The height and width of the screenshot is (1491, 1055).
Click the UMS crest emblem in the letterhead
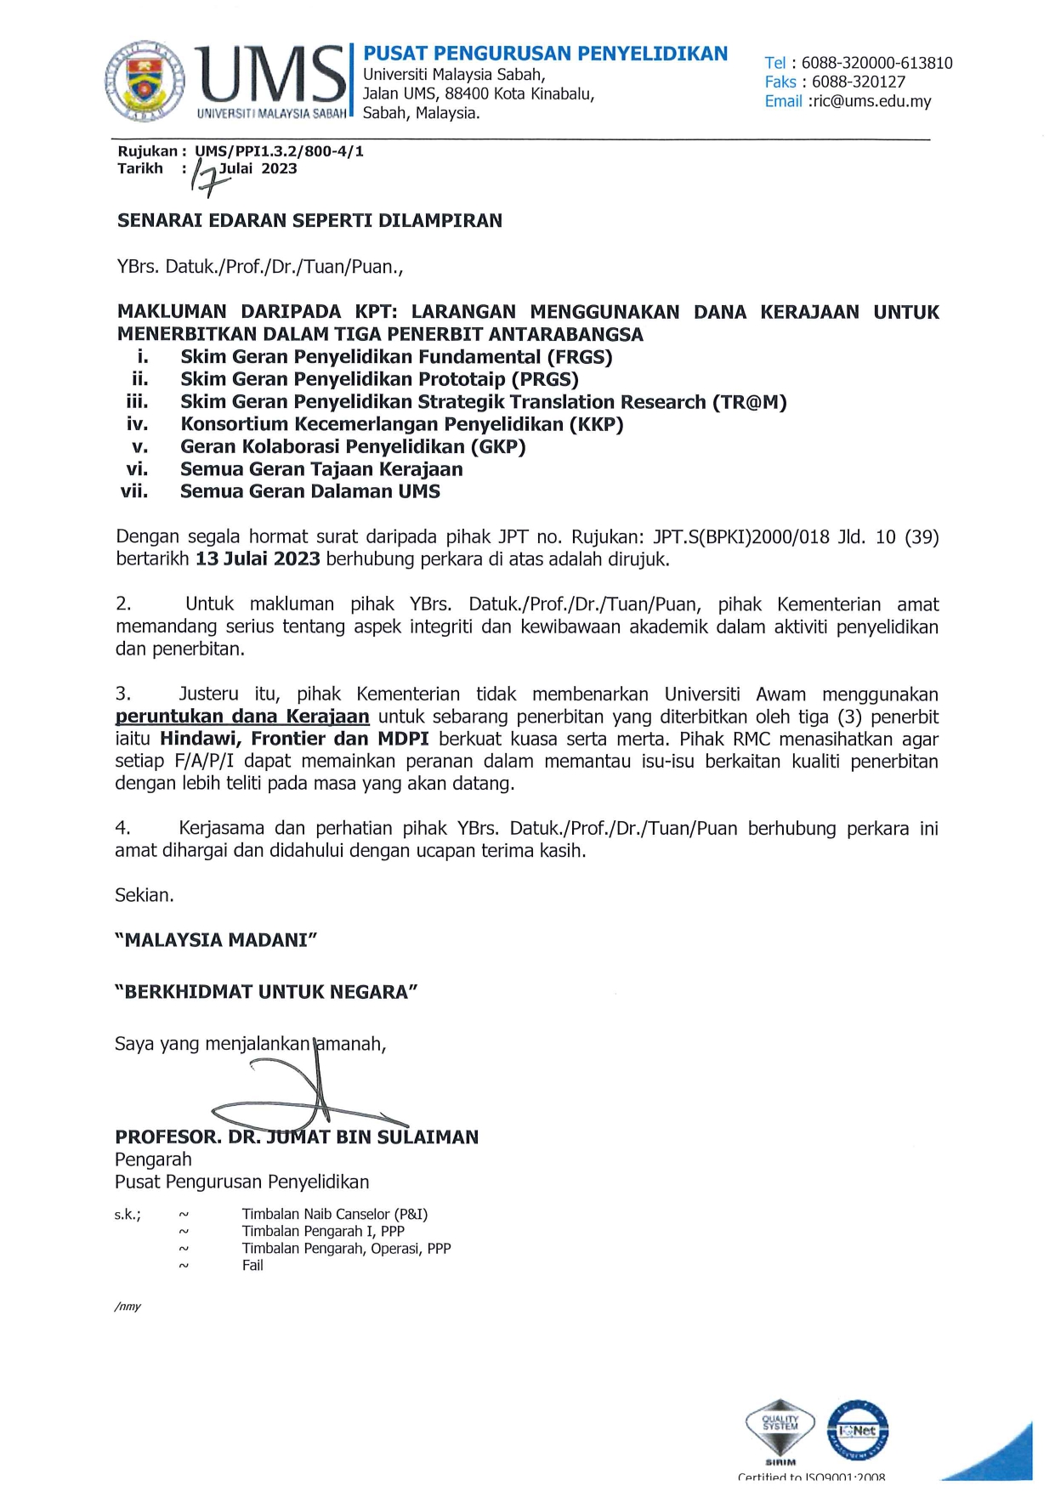pyautogui.click(x=145, y=82)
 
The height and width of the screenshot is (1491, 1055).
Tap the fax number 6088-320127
pyautogui.click(x=858, y=82)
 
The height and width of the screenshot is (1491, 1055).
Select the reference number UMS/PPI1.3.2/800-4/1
pyautogui.click(x=279, y=151)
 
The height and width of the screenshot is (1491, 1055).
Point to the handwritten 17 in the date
pyautogui.click(x=205, y=178)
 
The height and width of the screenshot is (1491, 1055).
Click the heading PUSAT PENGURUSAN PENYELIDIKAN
pyautogui.click(x=545, y=54)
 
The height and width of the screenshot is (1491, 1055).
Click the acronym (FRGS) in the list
pyautogui.click(x=581, y=357)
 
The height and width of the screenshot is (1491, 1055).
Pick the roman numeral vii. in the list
pyautogui.click(x=134, y=491)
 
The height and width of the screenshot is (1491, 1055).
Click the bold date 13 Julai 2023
pyautogui.click(x=258, y=559)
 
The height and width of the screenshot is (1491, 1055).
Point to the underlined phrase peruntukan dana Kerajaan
pyautogui.click(x=242, y=717)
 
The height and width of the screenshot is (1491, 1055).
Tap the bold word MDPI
pyautogui.click(x=403, y=739)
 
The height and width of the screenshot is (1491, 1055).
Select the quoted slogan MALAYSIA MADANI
pyautogui.click(x=216, y=940)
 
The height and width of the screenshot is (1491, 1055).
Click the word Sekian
pyautogui.click(x=145, y=895)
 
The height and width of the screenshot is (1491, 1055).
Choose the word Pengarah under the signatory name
pyautogui.click(x=153, y=1159)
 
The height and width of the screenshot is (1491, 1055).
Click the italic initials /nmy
pyautogui.click(x=128, y=1307)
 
